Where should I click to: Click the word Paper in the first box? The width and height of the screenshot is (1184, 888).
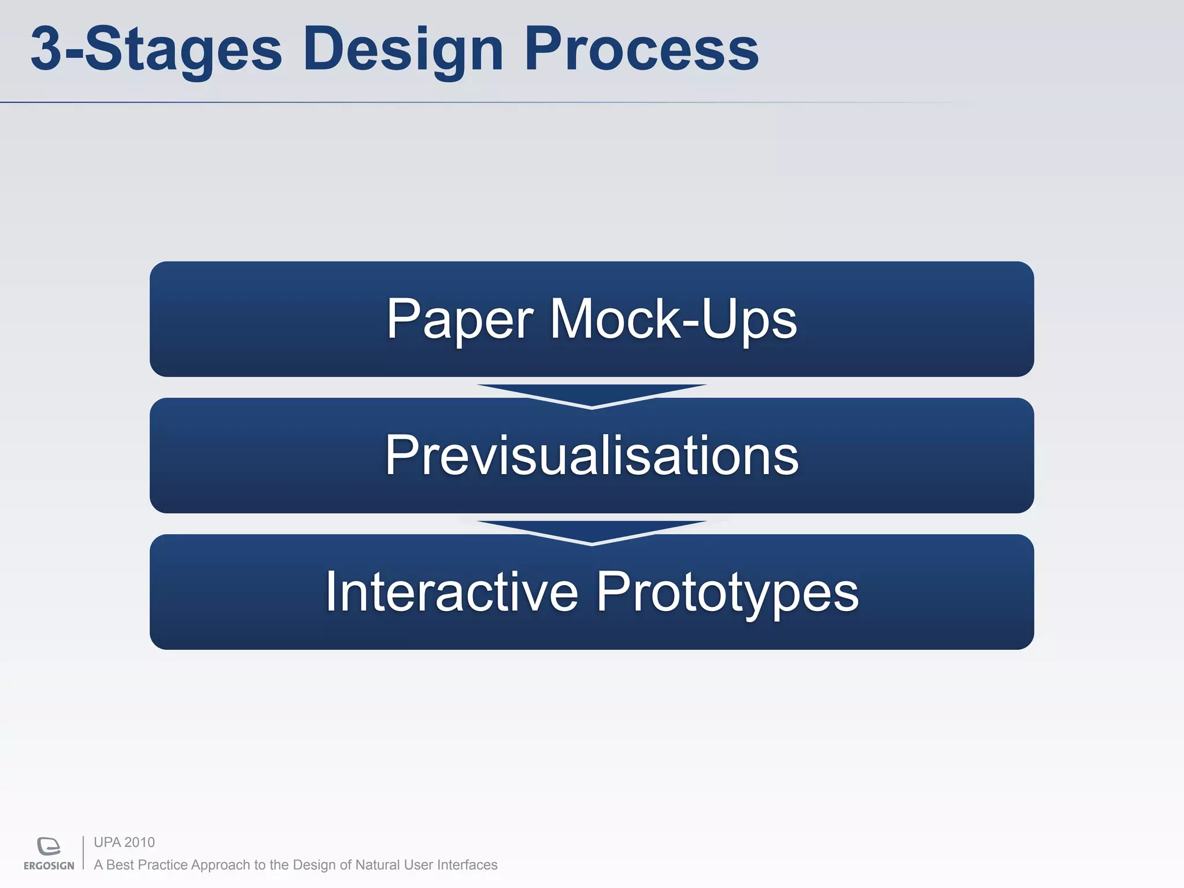click(460, 319)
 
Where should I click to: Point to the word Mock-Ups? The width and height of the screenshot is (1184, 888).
click(673, 319)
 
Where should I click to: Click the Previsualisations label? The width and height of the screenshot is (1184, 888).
click(591, 456)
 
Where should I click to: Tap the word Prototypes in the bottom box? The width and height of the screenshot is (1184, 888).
click(727, 593)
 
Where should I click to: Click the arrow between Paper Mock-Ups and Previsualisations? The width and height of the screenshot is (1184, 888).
click(591, 395)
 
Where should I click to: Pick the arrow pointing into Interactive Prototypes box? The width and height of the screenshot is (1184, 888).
click(591, 531)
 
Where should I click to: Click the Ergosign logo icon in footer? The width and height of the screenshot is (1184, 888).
click(49, 846)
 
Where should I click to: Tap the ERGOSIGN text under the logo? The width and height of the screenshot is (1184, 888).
click(49, 866)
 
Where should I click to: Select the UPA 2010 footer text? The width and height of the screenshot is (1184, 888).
click(124, 842)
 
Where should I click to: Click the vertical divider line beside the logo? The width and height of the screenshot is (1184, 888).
click(83, 853)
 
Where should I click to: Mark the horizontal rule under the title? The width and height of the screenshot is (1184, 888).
click(462, 102)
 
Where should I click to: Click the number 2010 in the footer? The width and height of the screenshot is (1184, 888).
click(139, 842)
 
